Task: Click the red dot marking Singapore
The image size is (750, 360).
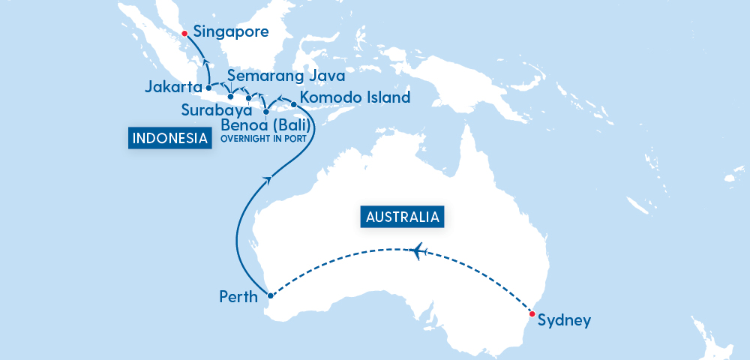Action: point(184,33)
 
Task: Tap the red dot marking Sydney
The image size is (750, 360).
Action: point(532,314)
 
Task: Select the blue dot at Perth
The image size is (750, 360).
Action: point(271,296)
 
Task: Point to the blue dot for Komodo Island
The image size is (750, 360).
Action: point(293,104)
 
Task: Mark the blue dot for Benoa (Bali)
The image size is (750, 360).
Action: point(265,112)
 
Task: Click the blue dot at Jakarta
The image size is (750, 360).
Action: point(208,88)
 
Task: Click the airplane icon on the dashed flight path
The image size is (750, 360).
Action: point(418,250)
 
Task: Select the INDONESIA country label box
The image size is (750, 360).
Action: point(169,138)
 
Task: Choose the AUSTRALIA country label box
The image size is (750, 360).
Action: point(402,217)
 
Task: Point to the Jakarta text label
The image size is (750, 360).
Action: point(173,88)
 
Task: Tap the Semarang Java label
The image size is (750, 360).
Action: point(286,76)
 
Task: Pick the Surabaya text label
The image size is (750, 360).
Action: point(216,110)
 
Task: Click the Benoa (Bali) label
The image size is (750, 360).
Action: point(266,124)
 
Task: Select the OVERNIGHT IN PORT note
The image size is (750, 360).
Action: point(265,138)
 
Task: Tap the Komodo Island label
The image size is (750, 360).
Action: point(355,97)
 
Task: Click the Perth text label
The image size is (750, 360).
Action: point(238,298)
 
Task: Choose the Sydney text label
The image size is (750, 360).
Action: point(565,321)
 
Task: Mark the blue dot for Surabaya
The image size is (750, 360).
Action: point(248,97)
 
